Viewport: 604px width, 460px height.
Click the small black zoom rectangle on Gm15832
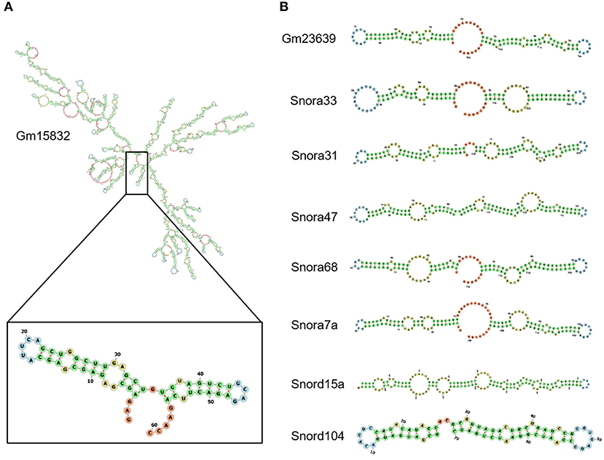pos(137,173)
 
